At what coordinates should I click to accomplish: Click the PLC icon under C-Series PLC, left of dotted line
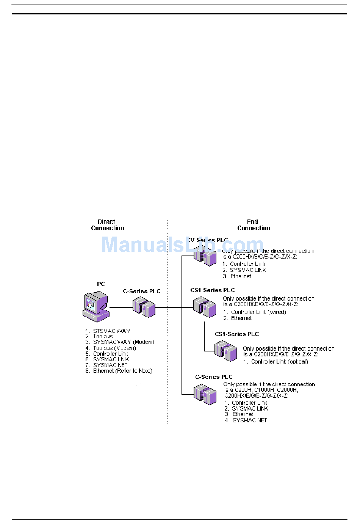(144, 307)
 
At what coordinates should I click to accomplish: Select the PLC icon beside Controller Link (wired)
(205, 307)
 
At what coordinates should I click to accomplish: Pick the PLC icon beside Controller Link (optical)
(226, 350)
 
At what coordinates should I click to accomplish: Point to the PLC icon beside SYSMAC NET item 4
(205, 394)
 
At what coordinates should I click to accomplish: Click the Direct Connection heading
(107, 225)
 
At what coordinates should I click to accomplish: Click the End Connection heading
(254, 225)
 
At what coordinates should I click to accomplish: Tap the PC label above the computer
(101, 284)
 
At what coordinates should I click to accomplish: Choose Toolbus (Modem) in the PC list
(114, 348)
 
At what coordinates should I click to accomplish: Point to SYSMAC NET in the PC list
(110, 365)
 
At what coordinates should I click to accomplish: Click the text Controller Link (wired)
(258, 312)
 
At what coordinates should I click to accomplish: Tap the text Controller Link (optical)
(279, 362)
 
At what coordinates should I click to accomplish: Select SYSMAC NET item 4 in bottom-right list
(249, 420)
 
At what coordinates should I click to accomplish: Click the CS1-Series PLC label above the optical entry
(236, 334)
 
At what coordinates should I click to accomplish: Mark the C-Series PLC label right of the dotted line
(214, 377)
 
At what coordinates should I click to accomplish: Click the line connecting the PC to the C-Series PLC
(121, 307)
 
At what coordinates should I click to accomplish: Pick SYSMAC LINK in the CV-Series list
(248, 270)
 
